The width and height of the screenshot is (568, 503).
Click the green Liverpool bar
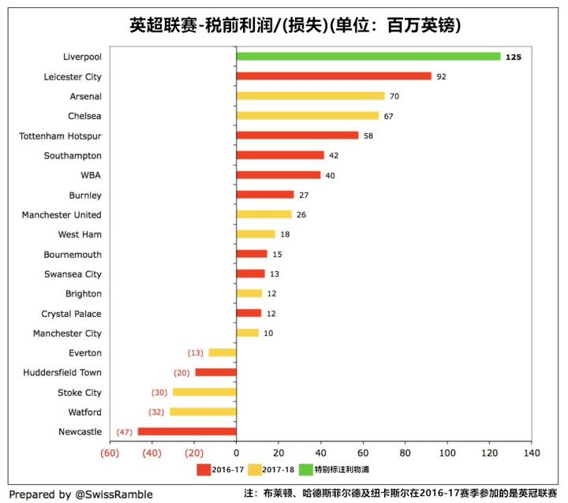[368, 57]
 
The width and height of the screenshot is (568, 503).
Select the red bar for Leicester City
[334, 76]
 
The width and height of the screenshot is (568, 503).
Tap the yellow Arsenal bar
[310, 96]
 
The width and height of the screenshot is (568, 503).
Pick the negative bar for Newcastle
[187, 431]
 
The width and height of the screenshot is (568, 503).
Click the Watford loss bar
[203, 412]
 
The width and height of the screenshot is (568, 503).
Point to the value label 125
[514, 57]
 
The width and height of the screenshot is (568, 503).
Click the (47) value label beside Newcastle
[125, 431]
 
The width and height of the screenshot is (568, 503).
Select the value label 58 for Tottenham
[369, 136]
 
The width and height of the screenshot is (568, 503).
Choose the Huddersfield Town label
[62, 372]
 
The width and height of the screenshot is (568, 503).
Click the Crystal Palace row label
[71, 313]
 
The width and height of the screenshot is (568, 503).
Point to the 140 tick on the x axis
[532, 454]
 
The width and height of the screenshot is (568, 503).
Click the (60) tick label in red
[110, 454]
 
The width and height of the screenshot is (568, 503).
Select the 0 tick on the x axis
[236, 454]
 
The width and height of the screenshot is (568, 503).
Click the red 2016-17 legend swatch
[204, 470]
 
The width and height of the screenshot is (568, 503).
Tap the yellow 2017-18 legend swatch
[254, 470]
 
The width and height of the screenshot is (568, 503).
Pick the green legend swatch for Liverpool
[305, 470]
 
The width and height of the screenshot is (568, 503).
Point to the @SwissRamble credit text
[81, 494]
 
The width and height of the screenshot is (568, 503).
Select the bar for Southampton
[280, 155]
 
